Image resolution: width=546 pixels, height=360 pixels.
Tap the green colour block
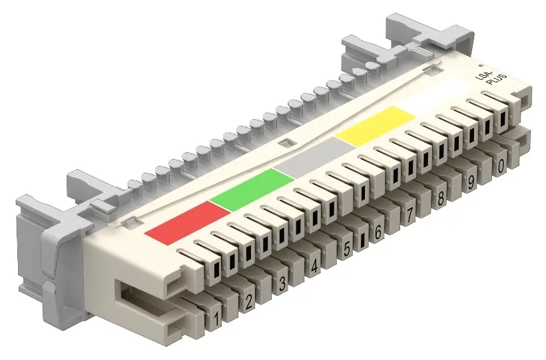pos(252,190)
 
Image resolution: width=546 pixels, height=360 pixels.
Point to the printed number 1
pos(216,318)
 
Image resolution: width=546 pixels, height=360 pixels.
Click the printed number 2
pos(248,301)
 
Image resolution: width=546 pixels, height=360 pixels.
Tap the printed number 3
pos(282,283)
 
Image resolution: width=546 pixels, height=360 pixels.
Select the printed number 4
pos(314,267)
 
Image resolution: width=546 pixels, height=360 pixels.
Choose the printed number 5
pos(346,249)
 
